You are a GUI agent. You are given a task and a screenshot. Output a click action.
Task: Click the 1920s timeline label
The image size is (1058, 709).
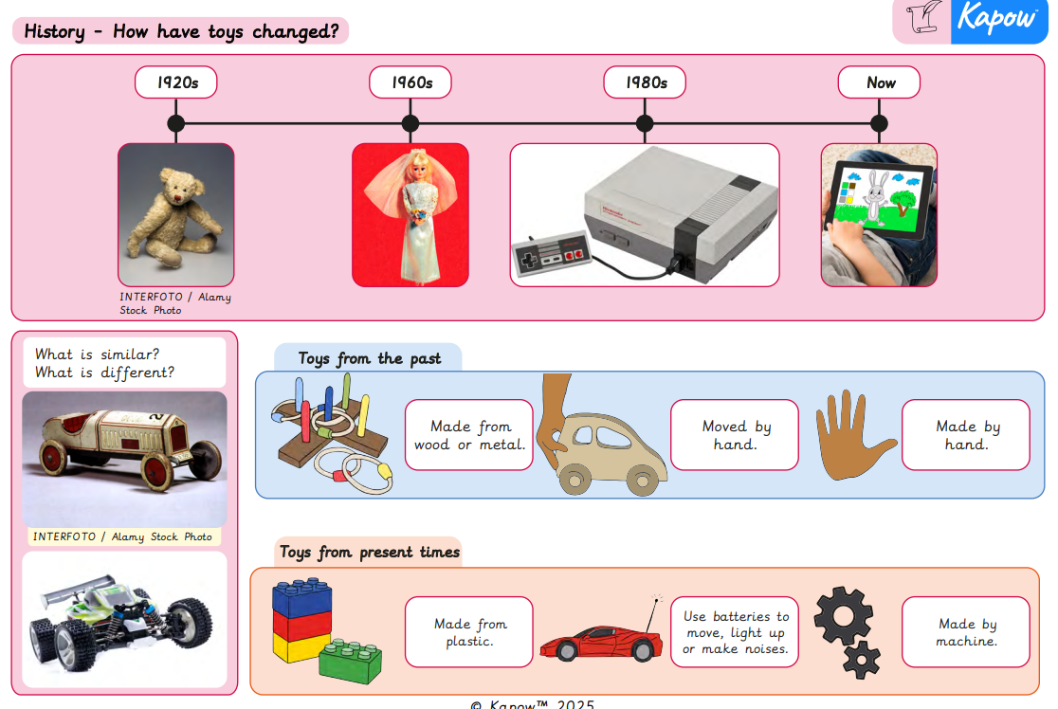pos(176,82)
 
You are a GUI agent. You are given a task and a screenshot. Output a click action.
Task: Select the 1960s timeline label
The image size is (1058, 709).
pos(410,82)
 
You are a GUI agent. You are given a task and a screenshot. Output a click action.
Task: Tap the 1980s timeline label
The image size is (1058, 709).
pos(645,82)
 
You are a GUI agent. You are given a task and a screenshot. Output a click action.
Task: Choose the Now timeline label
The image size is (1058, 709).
pos(879,82)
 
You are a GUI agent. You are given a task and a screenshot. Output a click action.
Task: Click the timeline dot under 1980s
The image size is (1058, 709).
pos(645,123)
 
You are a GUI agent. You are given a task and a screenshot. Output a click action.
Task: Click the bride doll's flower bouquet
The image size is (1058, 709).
pos(417,216)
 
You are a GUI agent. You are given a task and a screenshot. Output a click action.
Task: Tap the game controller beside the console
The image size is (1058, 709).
pos(551,255)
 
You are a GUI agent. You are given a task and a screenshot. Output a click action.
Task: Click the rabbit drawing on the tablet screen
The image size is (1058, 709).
pos(876,195)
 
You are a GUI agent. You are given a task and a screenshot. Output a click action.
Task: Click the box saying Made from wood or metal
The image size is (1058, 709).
pos(469,435)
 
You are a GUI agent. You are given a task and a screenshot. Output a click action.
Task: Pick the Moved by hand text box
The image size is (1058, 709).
pos(734,435)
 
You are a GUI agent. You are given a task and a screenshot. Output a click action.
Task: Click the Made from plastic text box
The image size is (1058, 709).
pos(469,632)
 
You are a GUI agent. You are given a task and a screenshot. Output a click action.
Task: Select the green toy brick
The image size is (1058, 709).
pos(350,661)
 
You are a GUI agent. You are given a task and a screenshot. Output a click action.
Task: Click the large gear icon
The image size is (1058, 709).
pos(843,616)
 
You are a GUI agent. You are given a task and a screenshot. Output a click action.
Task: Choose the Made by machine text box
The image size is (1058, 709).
pos(965,632)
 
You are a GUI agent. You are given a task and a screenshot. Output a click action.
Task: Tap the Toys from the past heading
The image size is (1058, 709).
pos(369,358)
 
